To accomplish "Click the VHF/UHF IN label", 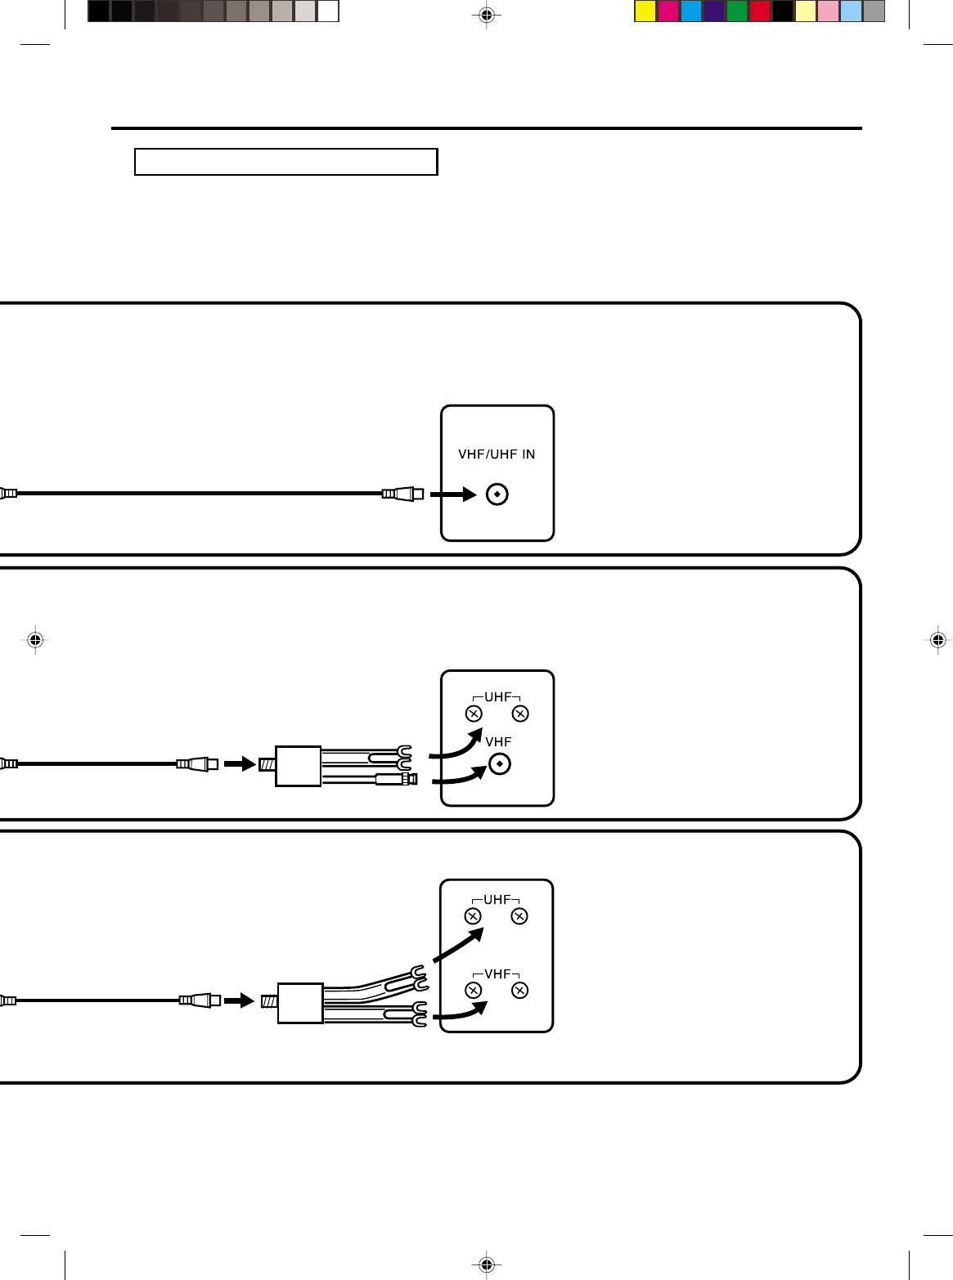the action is [497, 454].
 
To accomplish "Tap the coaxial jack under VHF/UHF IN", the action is [497, 495].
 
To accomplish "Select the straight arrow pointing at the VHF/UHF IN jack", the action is [453, 495].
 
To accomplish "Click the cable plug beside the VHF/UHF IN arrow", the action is [403, 494].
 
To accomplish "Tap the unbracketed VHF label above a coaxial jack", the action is [498, 742].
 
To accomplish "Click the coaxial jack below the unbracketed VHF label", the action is [499, 764].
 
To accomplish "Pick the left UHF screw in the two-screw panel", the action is [474, 714].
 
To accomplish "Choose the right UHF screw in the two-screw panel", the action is [520, 714].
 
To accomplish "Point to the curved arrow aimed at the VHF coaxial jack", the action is [460, 776].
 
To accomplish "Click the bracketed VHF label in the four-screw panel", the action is [497, 974].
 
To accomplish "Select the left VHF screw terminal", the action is [474, 991].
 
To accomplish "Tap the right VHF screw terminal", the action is [519, 991].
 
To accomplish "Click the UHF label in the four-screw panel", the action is [497, 900].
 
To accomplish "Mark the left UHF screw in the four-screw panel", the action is [473, 916].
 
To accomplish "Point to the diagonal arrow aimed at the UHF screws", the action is [458, 945].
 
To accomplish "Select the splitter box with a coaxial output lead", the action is [298, 766].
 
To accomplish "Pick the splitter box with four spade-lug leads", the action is [300, 1003].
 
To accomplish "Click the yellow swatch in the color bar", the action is [645, 11].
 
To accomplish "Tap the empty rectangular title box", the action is [285, 162].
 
